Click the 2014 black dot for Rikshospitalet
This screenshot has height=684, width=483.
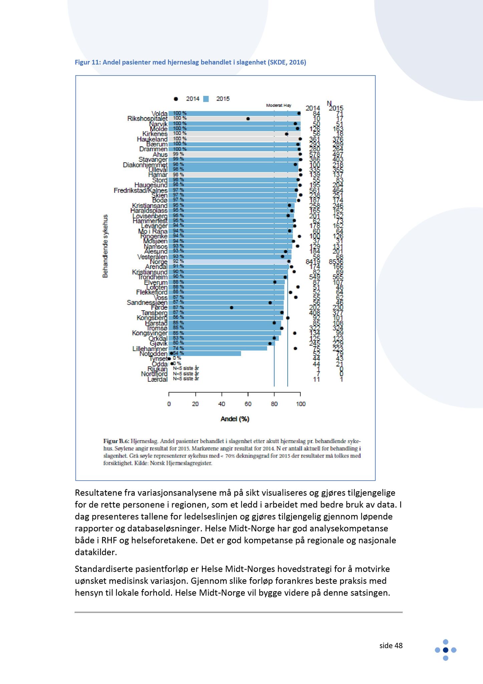(x=248, y=119)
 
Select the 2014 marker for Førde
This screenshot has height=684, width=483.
(x=232, y=307)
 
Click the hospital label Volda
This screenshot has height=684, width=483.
(x=159, y=114)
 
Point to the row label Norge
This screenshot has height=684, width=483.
(x=159, y=262)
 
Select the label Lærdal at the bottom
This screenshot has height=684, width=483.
(x=157, y=379)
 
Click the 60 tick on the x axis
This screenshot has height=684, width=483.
(x=248, y=404)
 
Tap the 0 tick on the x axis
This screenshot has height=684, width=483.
(x=169, y=404)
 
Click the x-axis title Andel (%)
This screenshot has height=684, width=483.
(x=235, y=419)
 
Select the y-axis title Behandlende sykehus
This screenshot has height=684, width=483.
(x=105, y=246)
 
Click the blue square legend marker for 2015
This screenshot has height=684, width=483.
(x=206, y=99)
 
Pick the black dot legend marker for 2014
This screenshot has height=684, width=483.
(x=176, y=99)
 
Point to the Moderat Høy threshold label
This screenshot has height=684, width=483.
(x=278, y=106)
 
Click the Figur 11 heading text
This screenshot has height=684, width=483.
(x=190, y=62)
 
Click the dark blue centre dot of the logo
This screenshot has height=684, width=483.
(x=445, y=650)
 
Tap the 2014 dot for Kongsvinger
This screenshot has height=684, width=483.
(x=295, y=333)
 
